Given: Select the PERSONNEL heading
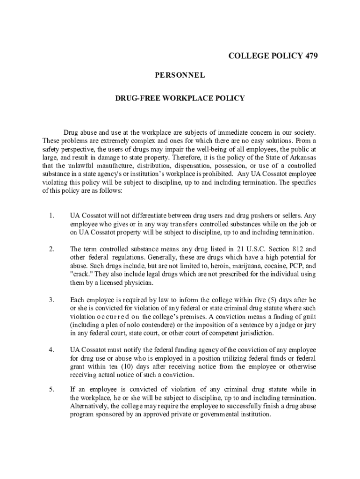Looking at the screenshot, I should (x=180, y=75).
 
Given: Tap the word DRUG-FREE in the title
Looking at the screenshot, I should (x=136, y=98).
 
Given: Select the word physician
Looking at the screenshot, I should (x=138, y=283).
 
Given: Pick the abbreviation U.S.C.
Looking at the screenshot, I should (x=251, y=249).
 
